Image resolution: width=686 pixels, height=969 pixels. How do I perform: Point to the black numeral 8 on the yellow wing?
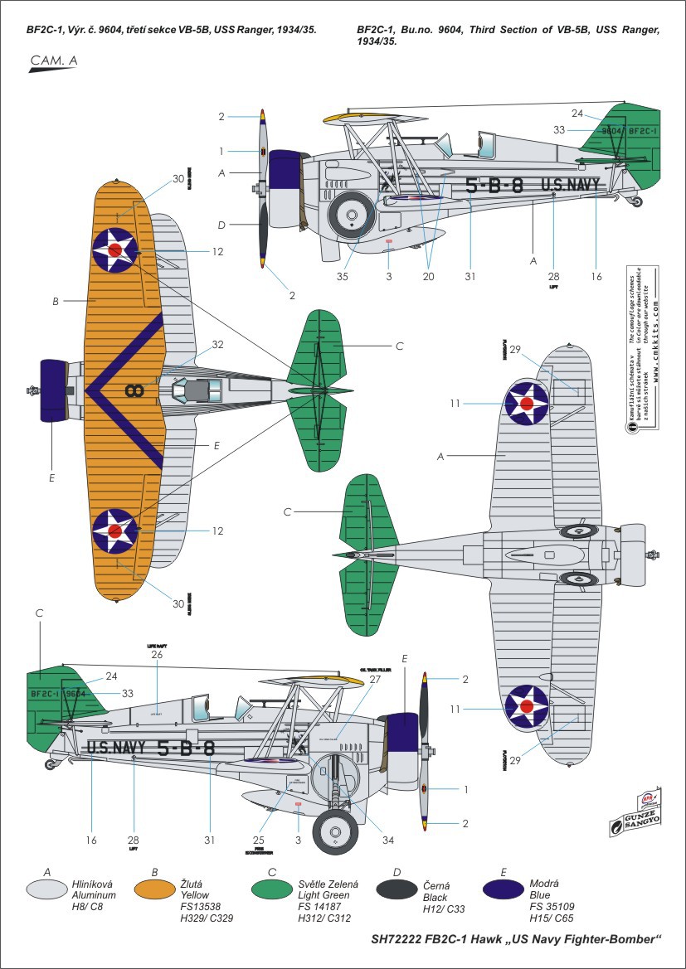(131, 390)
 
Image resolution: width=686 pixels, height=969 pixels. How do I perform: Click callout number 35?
(343, 277)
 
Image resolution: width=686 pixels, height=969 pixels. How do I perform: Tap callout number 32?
(217, 343)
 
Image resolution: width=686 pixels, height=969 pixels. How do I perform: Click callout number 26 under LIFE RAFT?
(158, 655)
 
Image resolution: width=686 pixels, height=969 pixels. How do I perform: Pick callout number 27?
(375, 679)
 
